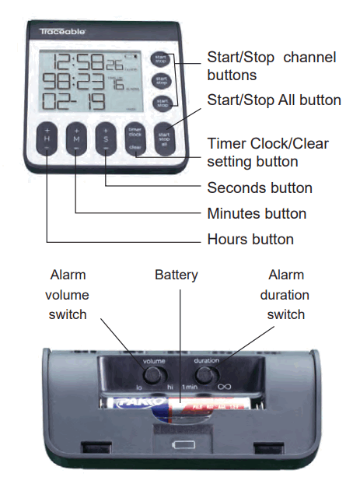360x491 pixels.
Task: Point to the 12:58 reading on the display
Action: pos(79,62)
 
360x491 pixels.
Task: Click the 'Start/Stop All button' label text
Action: pos(274,100)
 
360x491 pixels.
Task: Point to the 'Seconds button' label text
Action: pos(260,188)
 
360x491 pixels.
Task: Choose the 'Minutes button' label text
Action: pos(257,213)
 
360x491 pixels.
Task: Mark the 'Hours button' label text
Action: pos(250,240)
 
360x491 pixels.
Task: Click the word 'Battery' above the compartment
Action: pos(177,275)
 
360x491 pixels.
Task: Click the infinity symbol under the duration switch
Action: pos(225,386)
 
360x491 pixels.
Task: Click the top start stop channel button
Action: pos(161,59)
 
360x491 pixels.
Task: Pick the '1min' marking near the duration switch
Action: pos(191,387)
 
